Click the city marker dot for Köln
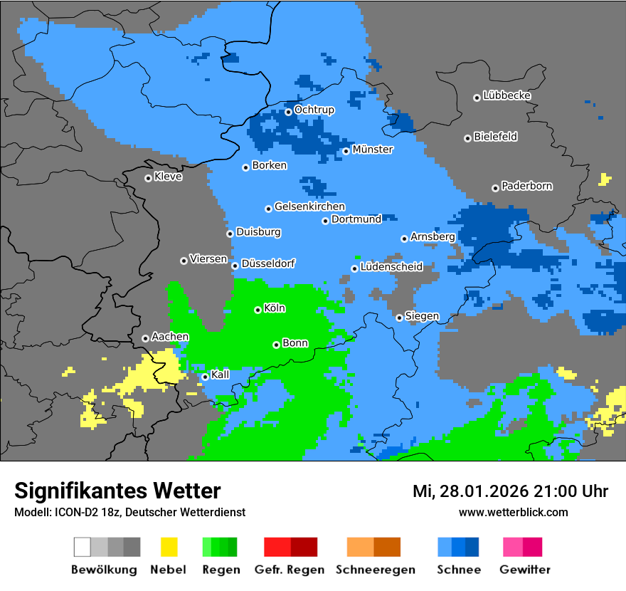coord(258,310)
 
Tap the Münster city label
coord(373,150)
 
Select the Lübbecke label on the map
coord(507,95)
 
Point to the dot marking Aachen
coord(145,338)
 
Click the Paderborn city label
coord(527,187)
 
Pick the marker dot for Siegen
coord(399,318)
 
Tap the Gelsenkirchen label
coord(309,207)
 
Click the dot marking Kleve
coord(148,178)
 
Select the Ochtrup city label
coord(314,110)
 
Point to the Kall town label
coord(221,375)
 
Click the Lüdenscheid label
coord(391,267)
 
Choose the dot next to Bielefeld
coord(467,138)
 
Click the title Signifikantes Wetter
coord(117,491)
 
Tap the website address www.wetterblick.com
coord(513,512)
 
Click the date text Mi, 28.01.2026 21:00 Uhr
coord(510,491)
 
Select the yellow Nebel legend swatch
coord(169,547)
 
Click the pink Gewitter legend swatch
coord(513,547)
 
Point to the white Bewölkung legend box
coord(83,547)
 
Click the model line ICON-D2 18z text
coord(129,512)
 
